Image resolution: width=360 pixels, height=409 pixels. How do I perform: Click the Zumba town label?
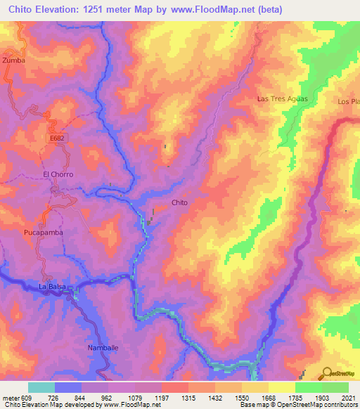click(x=13, y=60)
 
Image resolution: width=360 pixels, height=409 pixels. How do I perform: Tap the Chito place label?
click(x=179, y=202)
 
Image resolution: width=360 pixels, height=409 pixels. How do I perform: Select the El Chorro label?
click(x=58, y=174)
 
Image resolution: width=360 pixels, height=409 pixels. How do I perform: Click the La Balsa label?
click(x=51, y=287)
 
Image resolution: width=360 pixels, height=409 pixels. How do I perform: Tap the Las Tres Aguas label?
click(x=283, y=98)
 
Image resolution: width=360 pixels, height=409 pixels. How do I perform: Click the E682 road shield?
click(x=58, y=140)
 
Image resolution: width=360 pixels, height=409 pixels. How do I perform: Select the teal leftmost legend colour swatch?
click(x=41, y=387)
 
